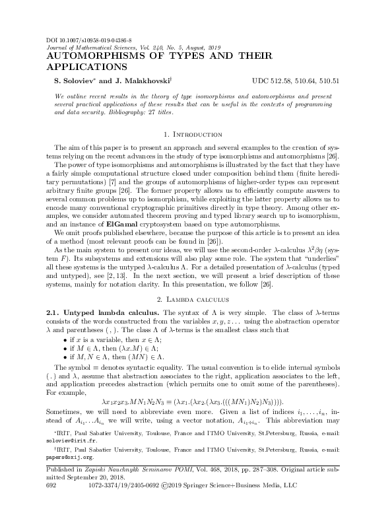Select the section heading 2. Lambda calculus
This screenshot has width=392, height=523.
(x=196, y=280)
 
